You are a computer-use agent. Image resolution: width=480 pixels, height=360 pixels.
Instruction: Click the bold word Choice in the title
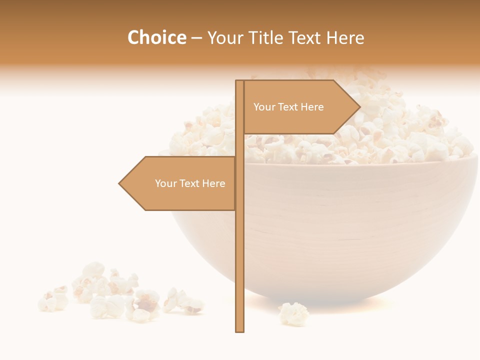click(156, 37)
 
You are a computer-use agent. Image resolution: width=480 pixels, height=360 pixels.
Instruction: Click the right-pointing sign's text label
click(288, 107)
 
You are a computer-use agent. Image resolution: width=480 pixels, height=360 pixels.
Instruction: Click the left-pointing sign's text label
click(190, 183)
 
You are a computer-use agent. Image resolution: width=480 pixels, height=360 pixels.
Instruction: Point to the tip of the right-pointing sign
click(360, 106)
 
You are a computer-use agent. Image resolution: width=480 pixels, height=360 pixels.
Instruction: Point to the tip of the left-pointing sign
click(119, 183)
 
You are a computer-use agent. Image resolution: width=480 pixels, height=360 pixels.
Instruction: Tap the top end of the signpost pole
click(240, 81)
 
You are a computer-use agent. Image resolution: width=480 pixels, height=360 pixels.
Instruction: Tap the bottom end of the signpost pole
click(240, 331)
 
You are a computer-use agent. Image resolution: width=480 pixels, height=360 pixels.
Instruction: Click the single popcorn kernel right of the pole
click(293, 313)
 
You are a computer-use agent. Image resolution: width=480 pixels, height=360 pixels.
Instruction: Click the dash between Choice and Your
click(196, 38)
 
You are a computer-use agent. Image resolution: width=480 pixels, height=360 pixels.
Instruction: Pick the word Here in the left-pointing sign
click(213, 183)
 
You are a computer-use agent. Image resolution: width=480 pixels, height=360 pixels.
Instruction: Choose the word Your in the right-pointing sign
click(264, 107)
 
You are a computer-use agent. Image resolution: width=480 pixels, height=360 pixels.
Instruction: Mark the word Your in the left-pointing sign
click(165, 183)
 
